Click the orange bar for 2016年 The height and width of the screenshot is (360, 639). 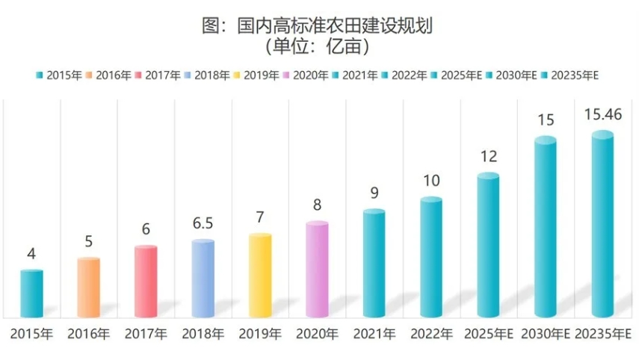tap(88, 288)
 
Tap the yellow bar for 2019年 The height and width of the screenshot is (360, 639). tap(260, 276)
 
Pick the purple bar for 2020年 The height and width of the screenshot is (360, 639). tap(317, 270)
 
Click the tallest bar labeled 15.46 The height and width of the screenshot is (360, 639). tap(602, 224)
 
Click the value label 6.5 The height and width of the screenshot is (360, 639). tap(203, 224)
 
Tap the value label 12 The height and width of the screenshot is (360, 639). tap(488, 157)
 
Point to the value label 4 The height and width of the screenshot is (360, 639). tap(31, 254)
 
